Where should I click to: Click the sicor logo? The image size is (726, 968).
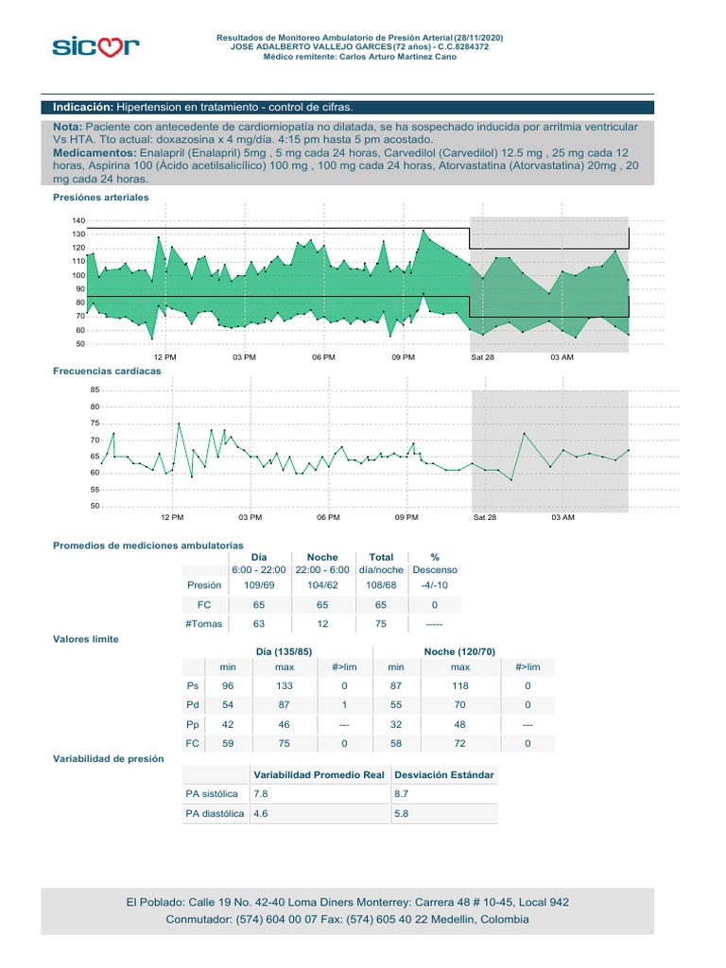(x=95, y=45)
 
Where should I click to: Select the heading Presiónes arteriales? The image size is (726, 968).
(x=101, y=198)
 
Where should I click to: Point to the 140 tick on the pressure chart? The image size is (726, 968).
(x=78, y=220)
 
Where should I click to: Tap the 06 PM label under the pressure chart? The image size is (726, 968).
(x=323, y=357)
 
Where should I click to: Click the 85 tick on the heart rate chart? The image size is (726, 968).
(x=94, y=389)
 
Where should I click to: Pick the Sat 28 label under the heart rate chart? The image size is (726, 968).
(x=484, y=518)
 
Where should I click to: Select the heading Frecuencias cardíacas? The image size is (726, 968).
(x=107, y=372)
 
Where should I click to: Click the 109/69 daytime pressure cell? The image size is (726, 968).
(x=259, y=585)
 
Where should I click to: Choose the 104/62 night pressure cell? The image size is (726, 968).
(x=322, y=585)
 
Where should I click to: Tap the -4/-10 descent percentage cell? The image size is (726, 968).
(x=435, y=585)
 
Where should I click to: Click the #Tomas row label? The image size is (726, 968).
(x=204, y=624)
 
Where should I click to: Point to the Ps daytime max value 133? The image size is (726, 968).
(x=285, y=685)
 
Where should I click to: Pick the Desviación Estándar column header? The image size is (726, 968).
(x=444, y=775)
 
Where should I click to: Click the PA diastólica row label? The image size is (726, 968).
(x=216, y=813)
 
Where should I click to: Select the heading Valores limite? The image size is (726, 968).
(x=86, y=639)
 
